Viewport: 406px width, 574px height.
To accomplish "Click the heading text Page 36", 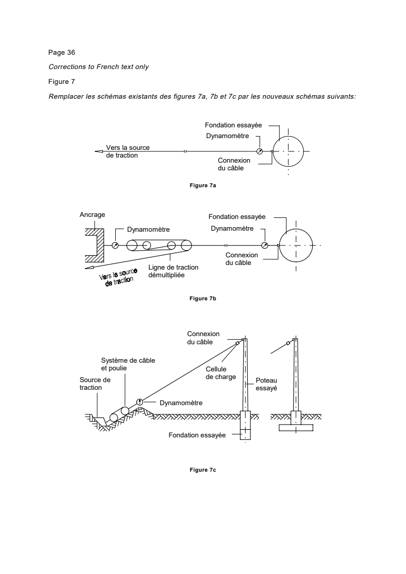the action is point(61,52).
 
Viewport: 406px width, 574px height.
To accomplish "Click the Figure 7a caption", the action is point(203,186).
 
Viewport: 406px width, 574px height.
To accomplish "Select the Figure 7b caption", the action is point(203,299).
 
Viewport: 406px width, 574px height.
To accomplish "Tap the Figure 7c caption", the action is point(203,470).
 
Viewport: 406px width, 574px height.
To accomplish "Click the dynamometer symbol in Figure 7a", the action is point(260,151).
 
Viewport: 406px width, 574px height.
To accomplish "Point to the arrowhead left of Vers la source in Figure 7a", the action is point(99,151).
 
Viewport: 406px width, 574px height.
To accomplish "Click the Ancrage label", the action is point(92,215).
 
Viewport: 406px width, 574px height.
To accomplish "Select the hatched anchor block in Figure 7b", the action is point(95,245).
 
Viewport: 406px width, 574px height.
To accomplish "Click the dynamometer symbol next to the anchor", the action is point(115,245).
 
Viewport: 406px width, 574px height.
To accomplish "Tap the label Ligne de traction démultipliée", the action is point(174,271).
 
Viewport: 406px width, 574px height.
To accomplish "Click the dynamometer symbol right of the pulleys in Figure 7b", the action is point(265,245).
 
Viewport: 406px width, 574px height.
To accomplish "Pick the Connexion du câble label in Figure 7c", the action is point(203,338).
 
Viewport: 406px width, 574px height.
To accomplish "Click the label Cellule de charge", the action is point(221,373).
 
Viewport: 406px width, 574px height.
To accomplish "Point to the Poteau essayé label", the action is point(266,384).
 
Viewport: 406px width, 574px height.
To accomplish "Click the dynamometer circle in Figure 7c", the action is point(140,402).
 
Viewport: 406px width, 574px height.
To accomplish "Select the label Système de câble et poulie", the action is point(128,364).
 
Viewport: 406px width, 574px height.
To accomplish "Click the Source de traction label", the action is point(95,384).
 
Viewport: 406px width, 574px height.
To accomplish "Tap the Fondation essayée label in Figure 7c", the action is point(197,435).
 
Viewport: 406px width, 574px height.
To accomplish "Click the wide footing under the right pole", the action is point(296,427).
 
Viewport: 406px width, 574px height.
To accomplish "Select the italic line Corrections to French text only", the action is point(99,67).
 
